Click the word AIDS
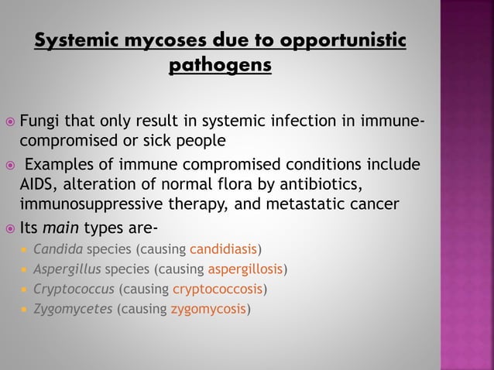pyautogui.click(x=37, y=185)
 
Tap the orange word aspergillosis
pyautogui.click(x=245, y=269)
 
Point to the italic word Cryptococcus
pyautogui.click(x=74, y=289)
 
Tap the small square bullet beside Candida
pyautogui.click(x=24, y=250)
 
